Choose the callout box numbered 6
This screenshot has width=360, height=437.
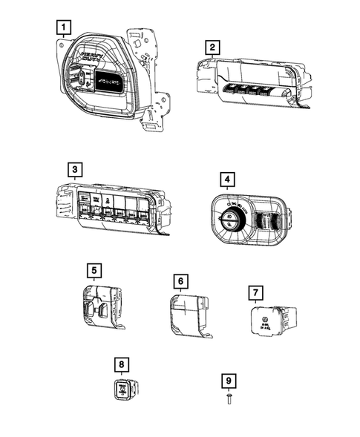[x=179, y=281]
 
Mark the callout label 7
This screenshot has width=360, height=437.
[x=255, y=291]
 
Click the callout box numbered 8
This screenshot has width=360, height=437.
[x=121, y=364]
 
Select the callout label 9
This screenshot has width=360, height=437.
[x=229, y=381]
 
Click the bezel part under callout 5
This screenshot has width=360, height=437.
[x=99, y=306]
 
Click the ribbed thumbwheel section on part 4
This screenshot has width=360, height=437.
[x=264, y=219]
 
